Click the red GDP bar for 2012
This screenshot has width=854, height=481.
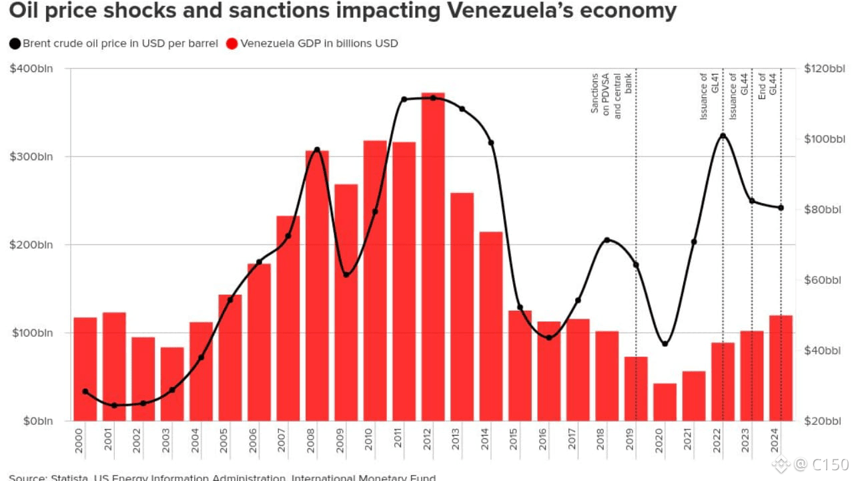(x=433, y=257)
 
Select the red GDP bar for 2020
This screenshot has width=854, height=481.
(x=665, y=402)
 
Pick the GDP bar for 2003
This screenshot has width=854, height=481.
(x=172, y=384)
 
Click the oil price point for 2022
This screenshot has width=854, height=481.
(x=723, y=136)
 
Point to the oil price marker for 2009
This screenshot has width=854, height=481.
(x=346, y=275)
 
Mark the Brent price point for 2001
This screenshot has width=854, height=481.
(x=114, y=406)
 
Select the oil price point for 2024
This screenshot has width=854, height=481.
(x=781, y=208)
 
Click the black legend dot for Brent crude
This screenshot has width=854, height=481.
(x=15, y=44)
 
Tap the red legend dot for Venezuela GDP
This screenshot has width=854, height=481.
(x=232, y=44)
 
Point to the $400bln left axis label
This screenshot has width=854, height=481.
(x=31, y=69)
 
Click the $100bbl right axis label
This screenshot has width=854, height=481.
(x=825, y=139)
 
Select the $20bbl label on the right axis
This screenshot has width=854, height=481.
(x=823, y=421)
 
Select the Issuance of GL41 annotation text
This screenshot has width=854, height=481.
(x=709, y=96)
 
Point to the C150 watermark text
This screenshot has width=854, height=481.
(x=830, y=464)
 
